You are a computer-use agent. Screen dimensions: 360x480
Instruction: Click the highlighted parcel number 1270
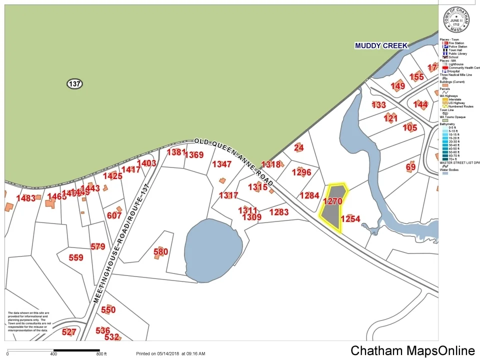point(332,201)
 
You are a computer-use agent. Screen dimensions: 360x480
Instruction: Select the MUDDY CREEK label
point(381,45)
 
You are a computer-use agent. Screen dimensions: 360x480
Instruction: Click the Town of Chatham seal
point(456,20)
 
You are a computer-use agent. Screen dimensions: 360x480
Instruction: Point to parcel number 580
point(160,251)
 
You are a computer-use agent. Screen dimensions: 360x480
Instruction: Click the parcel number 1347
point(222,164)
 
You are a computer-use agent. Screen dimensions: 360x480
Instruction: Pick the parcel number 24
point(299,147)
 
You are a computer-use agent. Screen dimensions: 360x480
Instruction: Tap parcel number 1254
point(350,218)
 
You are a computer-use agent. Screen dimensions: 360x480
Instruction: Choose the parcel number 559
point(76,257)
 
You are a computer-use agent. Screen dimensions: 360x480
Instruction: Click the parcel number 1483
point(26,198)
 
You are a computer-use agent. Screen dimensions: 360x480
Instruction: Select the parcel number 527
point(69,332)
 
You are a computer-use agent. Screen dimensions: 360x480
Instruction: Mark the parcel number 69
point(411,166)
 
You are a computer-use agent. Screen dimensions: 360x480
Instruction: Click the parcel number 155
point(416,76)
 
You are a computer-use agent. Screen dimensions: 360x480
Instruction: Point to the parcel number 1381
point(176,152)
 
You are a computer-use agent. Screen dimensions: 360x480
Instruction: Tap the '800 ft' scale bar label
point(102,354)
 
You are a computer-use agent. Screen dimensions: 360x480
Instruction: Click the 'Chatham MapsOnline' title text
point(412,351)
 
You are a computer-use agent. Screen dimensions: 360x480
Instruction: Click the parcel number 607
point(114,215)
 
